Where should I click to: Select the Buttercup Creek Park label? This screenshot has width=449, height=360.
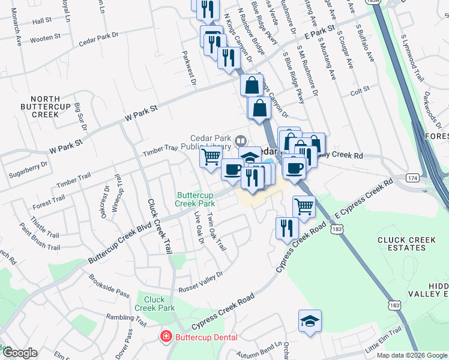195,199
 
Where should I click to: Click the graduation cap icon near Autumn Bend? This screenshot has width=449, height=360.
310,322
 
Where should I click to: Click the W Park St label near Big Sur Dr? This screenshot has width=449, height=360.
140,112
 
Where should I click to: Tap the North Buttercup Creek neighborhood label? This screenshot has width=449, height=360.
37,106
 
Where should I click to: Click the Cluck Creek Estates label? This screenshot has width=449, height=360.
406,244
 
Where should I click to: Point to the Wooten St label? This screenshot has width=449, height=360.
46,37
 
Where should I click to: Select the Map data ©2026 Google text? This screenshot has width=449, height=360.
412,355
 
